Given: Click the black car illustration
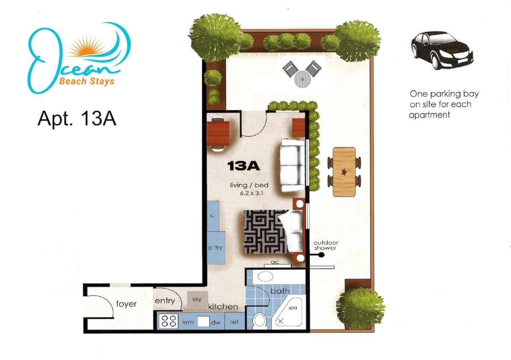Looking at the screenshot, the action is [442, 50].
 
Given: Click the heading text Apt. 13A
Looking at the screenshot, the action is [77, 118].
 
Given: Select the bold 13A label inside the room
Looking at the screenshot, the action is [243, 166].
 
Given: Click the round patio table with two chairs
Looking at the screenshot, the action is [302, 75].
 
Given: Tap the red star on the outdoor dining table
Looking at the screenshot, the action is [344, 171].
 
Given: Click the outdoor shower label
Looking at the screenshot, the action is [326, 245].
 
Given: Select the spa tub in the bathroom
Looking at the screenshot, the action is [289, 313].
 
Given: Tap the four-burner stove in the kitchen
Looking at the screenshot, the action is [169, 321].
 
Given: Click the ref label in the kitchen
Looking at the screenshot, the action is [234, 322].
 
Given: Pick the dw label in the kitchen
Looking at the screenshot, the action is [216, 323].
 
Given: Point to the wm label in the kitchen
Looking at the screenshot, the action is [188, 322].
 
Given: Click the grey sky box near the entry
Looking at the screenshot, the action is [197, 299].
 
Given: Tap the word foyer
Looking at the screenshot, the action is [127, 304].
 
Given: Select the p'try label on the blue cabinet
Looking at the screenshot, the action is [216, 248].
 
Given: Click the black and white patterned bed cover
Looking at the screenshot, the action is [266, 232].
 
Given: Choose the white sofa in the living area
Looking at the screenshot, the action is [293, 165].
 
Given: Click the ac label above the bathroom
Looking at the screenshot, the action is [275, 262].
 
